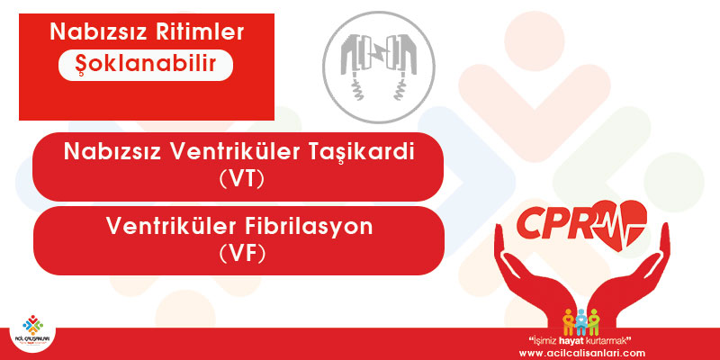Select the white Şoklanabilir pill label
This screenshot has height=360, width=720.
146,65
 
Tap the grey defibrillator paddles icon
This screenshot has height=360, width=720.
378,67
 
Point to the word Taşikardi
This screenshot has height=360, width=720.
369,152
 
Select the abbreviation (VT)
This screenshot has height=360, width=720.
242,179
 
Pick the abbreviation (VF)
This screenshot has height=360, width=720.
242,254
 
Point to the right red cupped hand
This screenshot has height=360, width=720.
629,274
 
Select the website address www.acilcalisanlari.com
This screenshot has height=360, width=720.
581,353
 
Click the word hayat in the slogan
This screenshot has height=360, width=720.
576,341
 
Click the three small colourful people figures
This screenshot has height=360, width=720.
581,321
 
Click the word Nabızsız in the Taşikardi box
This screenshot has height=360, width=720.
112,151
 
